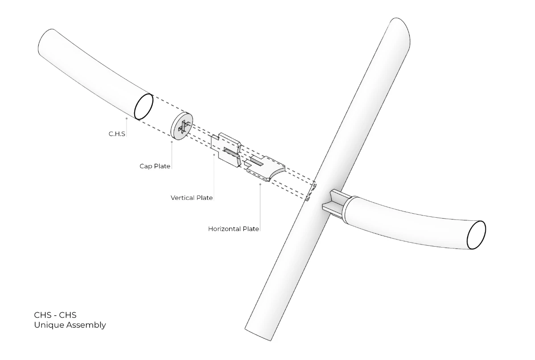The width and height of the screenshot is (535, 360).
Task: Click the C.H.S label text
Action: click(117, 134)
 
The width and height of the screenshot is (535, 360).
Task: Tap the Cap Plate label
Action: click(155, 166)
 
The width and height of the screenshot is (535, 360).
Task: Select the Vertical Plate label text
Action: click(192, 198)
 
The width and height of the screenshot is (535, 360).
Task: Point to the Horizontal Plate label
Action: click(233, 229)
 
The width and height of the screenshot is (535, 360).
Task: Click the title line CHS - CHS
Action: click(55, 315)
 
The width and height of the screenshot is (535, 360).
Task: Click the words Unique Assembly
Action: click(70, 325)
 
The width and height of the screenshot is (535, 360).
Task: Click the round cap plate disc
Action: click(182, 126)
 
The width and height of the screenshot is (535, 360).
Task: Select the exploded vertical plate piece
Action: click(226, 150)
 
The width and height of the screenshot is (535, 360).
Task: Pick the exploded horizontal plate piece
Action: click(265, 168)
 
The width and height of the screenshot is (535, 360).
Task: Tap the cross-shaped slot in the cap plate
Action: click(184, 126)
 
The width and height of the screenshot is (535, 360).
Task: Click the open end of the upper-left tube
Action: click(144, 106)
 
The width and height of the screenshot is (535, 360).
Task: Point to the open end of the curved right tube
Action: click(476, 235)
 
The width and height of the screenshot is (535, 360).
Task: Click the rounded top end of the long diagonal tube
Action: click(399, 29)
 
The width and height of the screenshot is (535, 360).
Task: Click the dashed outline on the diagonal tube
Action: click(311, 191)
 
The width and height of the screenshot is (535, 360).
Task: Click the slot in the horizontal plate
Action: click(257, 161)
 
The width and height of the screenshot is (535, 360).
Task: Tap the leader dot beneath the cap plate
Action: click(172, 142)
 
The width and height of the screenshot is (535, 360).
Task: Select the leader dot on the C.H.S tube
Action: click(127, 118)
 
